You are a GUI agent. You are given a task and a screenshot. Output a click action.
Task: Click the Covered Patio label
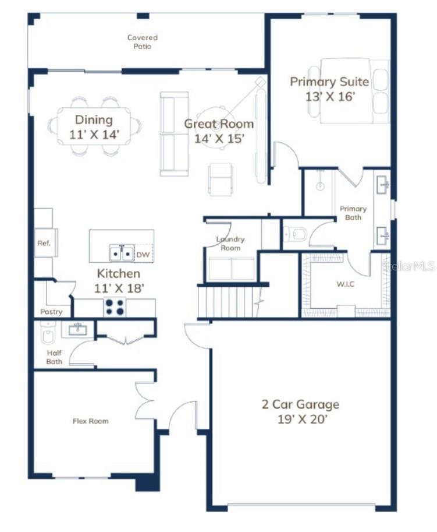[143, 42]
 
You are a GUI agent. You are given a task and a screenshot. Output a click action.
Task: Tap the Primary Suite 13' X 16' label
[329, 89]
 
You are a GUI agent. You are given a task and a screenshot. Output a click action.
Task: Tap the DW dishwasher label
[143, 255]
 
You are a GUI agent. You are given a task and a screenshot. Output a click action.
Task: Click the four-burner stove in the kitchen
[115, 307]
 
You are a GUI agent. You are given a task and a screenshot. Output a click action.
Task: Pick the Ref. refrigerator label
[44, 243]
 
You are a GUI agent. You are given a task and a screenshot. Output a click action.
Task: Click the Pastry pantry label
[51, 312]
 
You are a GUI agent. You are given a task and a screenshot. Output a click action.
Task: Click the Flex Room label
[90, 421]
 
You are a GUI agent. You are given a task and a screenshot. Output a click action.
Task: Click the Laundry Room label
[230, 244]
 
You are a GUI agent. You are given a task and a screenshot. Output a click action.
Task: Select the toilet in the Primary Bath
[296, 234]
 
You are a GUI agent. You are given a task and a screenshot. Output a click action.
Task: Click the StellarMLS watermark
[408, 266]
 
